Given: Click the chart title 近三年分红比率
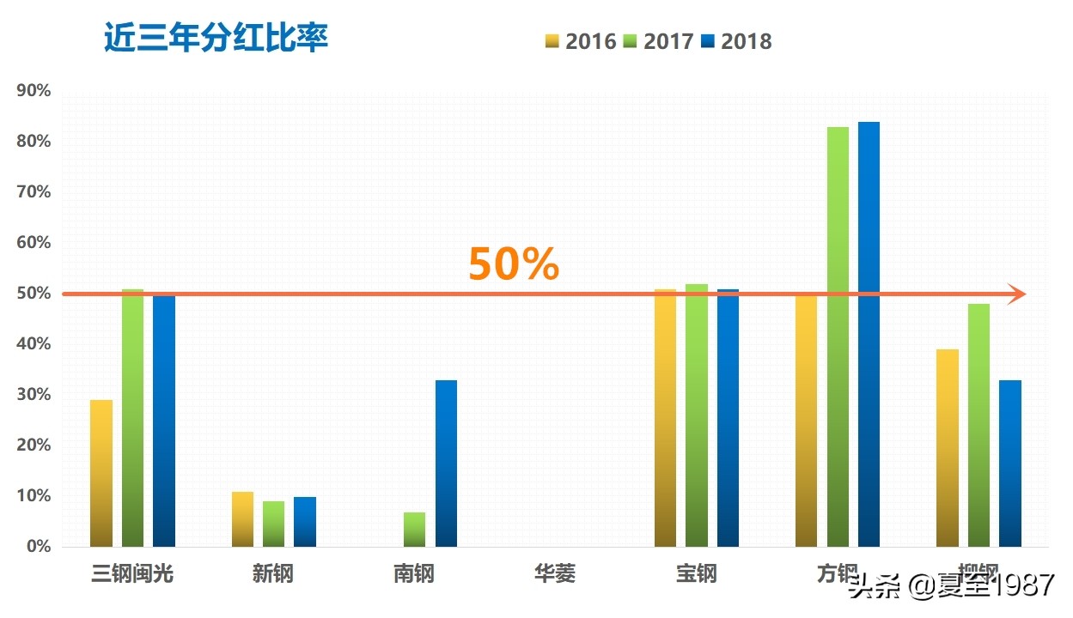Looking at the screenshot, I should [216, 39].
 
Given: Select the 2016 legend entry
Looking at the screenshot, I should [582, 41].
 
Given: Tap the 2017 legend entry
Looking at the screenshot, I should [659, 41].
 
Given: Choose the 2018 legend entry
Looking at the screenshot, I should [736, 41].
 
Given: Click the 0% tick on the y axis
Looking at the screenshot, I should [38, 547].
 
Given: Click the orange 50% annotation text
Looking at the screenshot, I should [513, 264].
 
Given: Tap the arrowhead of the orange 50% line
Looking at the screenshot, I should [1017, 294].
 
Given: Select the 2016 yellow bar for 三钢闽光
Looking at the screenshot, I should [101, 473].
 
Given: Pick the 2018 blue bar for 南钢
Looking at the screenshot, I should [446, 463].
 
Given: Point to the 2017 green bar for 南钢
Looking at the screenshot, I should [414, 530].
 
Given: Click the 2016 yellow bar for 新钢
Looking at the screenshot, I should [242, 519].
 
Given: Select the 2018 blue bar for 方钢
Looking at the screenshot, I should [869, 335].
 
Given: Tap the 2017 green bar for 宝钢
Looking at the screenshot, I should [697, 415].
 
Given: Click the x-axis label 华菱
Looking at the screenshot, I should [554, 573].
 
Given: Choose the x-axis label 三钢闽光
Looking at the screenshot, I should [132, 573].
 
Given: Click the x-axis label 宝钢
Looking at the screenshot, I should [696, 573].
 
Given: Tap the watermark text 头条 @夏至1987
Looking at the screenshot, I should [950, 587].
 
